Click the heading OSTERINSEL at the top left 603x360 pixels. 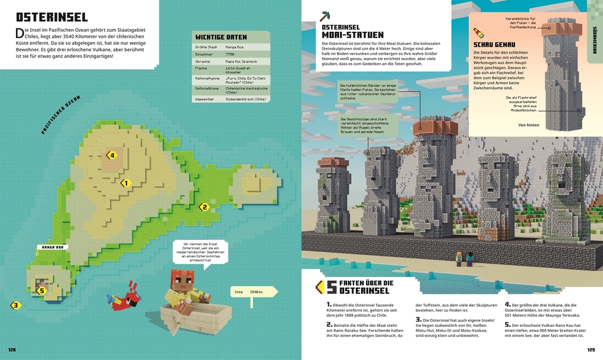point(51,17)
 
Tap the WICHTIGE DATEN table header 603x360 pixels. point(221,37)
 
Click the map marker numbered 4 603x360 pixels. point(111,155)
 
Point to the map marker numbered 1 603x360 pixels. point(125,183)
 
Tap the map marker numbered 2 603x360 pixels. point(204,207)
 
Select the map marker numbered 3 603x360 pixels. point(16,305)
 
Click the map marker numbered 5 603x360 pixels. point(41,290)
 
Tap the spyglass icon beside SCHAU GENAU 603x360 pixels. point(476,33)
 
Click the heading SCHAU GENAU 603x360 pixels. point(494,45)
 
